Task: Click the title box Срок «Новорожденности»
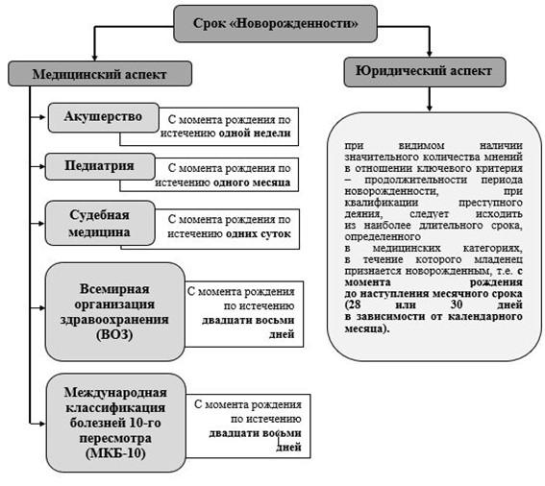(x=275, y=24)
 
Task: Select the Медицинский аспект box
(x=100, y=74)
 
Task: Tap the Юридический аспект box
(x=425, y=72)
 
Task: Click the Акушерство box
(x=103, y=117)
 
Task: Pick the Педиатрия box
(x=100, y=166)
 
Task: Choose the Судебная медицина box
(x=100, y=223)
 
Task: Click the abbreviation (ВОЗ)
(x=114, y=334)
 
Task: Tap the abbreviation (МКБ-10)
(x=115, y=453)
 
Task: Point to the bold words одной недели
(x=255, y=134)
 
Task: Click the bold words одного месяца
(x=252, y=182)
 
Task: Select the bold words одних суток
(x=259, y=233)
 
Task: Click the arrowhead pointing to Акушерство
(x=42, y=117)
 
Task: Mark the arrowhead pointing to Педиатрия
(x=41, y=167)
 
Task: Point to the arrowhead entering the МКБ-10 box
(x=42, y=424)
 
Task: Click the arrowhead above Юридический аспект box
(x=430, y=54)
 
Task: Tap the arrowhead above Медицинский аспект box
(x=94, y=58)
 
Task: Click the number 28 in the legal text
(x=354, y=304)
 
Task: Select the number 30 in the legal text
(x=457, y=304)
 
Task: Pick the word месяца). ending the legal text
(x=367, y=328)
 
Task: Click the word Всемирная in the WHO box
(x=114, y=289)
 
